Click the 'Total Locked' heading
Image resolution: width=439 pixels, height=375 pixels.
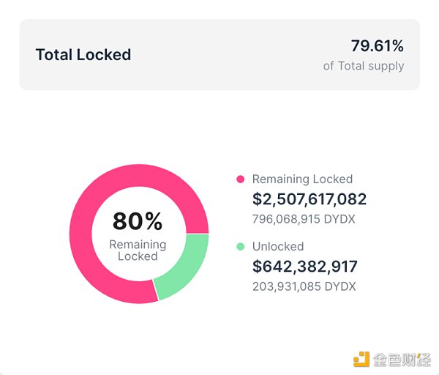(x=83, y=55)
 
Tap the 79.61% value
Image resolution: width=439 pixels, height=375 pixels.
(x=377, y=46)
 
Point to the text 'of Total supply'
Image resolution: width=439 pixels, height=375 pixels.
(x=364, y=66)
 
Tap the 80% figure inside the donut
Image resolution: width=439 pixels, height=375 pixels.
(x=138, y=221)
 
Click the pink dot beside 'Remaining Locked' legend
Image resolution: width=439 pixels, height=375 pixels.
(x=240, y=179)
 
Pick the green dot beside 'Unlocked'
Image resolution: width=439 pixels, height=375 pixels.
(x=240, y=247)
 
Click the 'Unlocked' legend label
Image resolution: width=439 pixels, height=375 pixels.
(x=278, y=247)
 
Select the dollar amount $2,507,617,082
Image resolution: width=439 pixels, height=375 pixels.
(x=309, y=199)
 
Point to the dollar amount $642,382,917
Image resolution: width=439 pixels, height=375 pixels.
(x=305, y=267)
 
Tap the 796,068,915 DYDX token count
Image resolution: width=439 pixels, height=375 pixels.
(x=304, y=218)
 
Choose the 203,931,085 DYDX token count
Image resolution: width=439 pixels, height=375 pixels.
(x=304, y=286)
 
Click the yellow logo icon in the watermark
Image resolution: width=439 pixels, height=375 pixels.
(x=361, y=359)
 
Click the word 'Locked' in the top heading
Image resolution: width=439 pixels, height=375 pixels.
(x=106, y=55)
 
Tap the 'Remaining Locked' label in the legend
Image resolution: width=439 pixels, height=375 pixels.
(x=302, y=179)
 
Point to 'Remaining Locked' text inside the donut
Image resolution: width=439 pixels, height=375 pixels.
(x=138, y=250)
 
